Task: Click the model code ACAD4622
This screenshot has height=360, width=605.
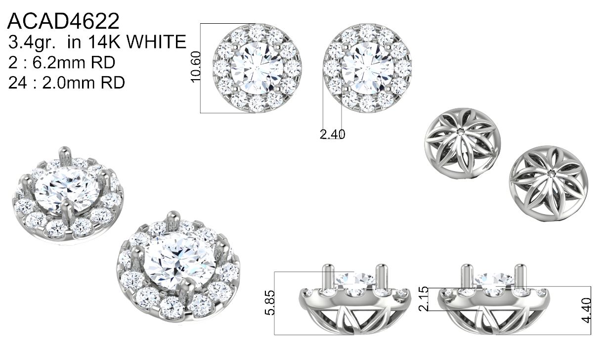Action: [x=63, y=21]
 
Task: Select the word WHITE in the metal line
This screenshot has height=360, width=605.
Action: [x=156, y=42]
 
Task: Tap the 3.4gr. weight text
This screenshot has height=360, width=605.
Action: [x=32, y=43]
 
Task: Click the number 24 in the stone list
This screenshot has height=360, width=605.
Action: [x=17, y=83]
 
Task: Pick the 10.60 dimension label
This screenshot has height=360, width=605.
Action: [x=195, y=67]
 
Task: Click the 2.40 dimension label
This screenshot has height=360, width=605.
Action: [x=332, y=135]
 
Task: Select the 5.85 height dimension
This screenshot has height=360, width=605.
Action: [x=270, y=303]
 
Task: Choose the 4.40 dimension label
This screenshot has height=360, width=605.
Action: [x=586, y=310]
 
